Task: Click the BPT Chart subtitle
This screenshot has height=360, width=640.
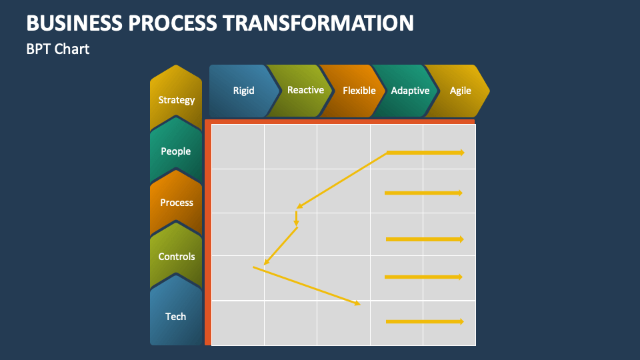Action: [58, 49]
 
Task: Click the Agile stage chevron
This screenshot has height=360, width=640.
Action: [460, 91]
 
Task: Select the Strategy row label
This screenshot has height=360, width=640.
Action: [177, 100]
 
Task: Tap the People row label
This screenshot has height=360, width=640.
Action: [176, 151]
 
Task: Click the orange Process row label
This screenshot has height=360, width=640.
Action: [177, 203]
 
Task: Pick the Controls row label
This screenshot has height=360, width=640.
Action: [177, 257]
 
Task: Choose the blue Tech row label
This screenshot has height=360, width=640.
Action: [176, 317]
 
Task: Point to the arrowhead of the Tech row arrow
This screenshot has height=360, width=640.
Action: [460, 322]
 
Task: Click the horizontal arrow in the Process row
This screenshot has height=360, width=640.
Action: [424, 239]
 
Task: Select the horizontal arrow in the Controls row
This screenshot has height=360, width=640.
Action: [424, 277]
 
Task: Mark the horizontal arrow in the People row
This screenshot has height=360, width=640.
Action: [423, 193]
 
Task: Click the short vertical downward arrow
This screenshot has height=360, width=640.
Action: [296, 219]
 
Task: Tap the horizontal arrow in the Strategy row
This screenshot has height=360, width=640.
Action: [425, 153]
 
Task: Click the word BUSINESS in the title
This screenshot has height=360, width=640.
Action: [73, 23]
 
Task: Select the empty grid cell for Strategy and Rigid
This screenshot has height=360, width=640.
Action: [238, 147]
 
